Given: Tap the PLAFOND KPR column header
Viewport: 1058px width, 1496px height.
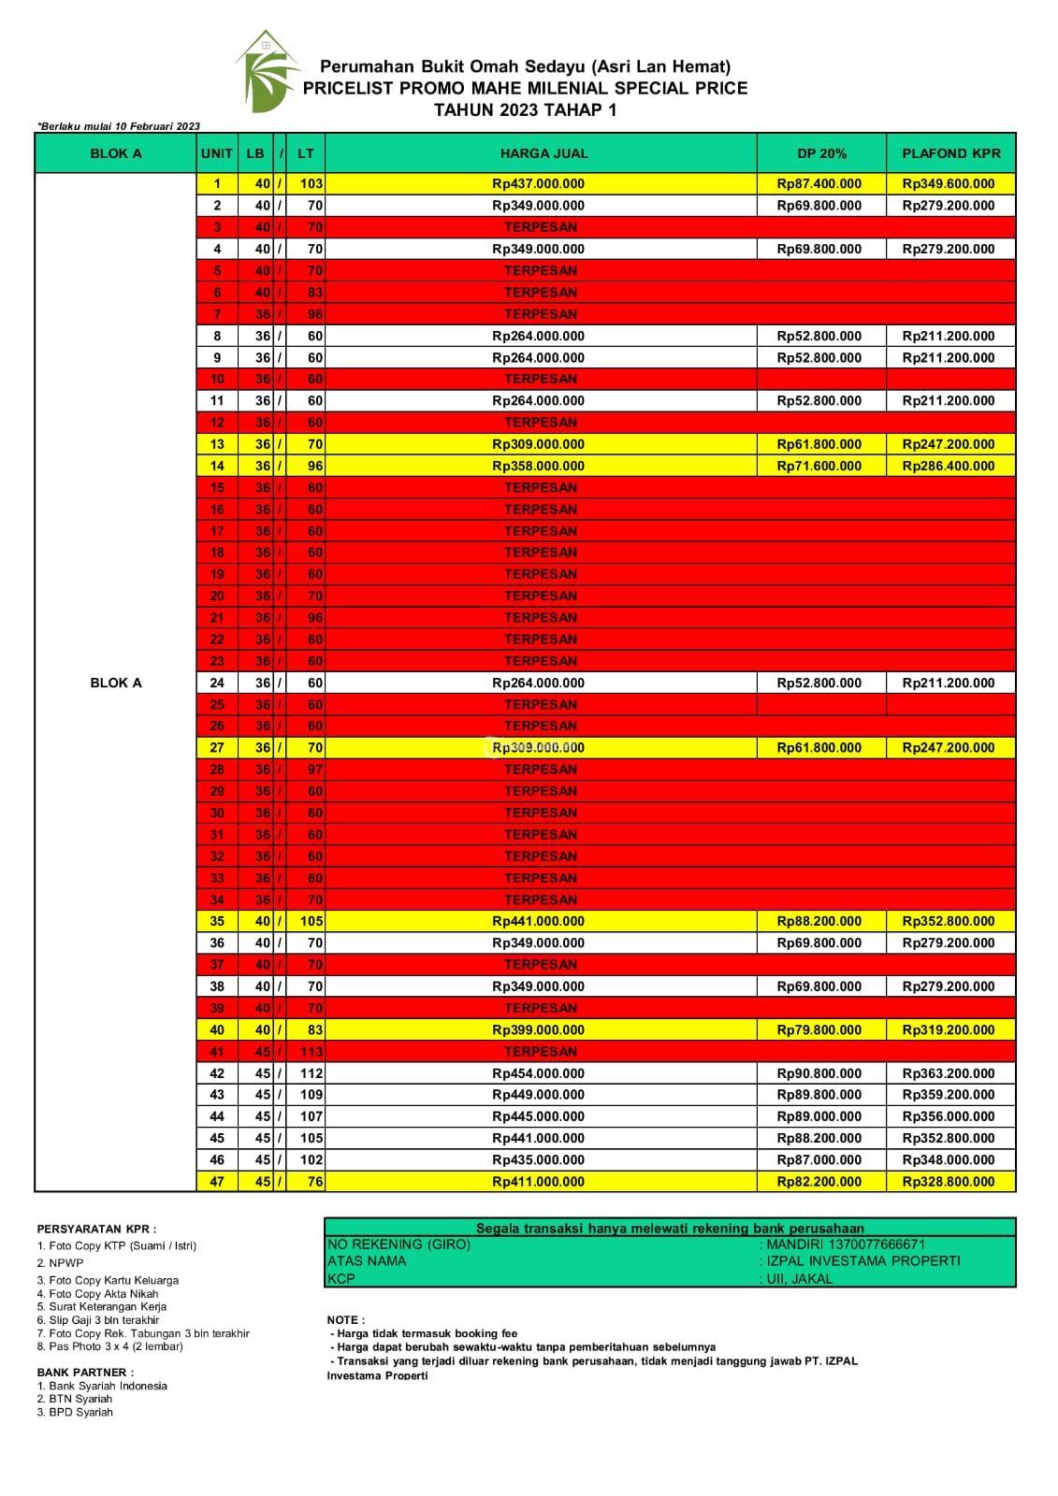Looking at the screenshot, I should pyautogui.click(x=950, y=153).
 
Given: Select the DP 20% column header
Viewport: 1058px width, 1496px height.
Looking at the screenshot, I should pyautogui.click(x=821, y=153).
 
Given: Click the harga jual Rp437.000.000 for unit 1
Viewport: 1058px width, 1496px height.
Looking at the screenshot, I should pyautogui.click(x=538, y=184).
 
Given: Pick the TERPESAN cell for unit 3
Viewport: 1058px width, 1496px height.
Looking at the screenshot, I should pyautogui.click(x=541, y=227).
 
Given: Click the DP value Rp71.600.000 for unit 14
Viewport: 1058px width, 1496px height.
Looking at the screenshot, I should pyautogui.click(x=819, y=466).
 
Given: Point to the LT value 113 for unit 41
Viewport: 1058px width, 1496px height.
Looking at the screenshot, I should pyautogui.click(x=311, y=1052).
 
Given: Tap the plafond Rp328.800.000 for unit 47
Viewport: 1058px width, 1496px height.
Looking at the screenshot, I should pyautogui.click(x=948, y=1182).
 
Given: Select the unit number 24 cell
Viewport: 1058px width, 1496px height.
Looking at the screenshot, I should pyautogui.click(x=217, y=683).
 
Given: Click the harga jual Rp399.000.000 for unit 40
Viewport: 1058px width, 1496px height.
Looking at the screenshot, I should pyautogui.click(x=538, y=1030).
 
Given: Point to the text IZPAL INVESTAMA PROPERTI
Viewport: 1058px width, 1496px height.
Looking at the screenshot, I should pyautogui.click(x=862, y=1260).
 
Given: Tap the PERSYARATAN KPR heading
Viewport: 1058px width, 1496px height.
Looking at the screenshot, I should pyautogui.click(x=97, y=1230).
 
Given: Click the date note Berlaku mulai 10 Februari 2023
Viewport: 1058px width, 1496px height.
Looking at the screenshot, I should pyautogui.click(x=119, y=126).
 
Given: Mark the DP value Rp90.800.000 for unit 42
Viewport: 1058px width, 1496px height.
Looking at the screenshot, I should pyautogui.click(x=819, y=1073).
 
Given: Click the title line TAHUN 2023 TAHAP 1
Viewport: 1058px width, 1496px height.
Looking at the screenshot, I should pyautogui.click(x=525, y=109).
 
